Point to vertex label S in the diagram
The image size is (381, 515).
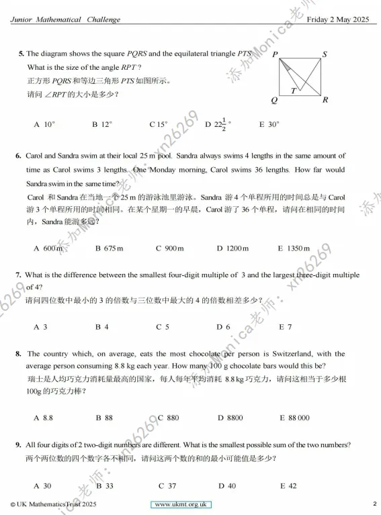tap(325, 55)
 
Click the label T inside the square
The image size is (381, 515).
tap(293, 90)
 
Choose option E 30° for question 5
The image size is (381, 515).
tap(269, 124)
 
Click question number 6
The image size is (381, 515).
tap(19, 156)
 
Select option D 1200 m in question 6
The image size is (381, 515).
tap(232, 248)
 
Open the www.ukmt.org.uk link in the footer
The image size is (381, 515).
tap(182, 504)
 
